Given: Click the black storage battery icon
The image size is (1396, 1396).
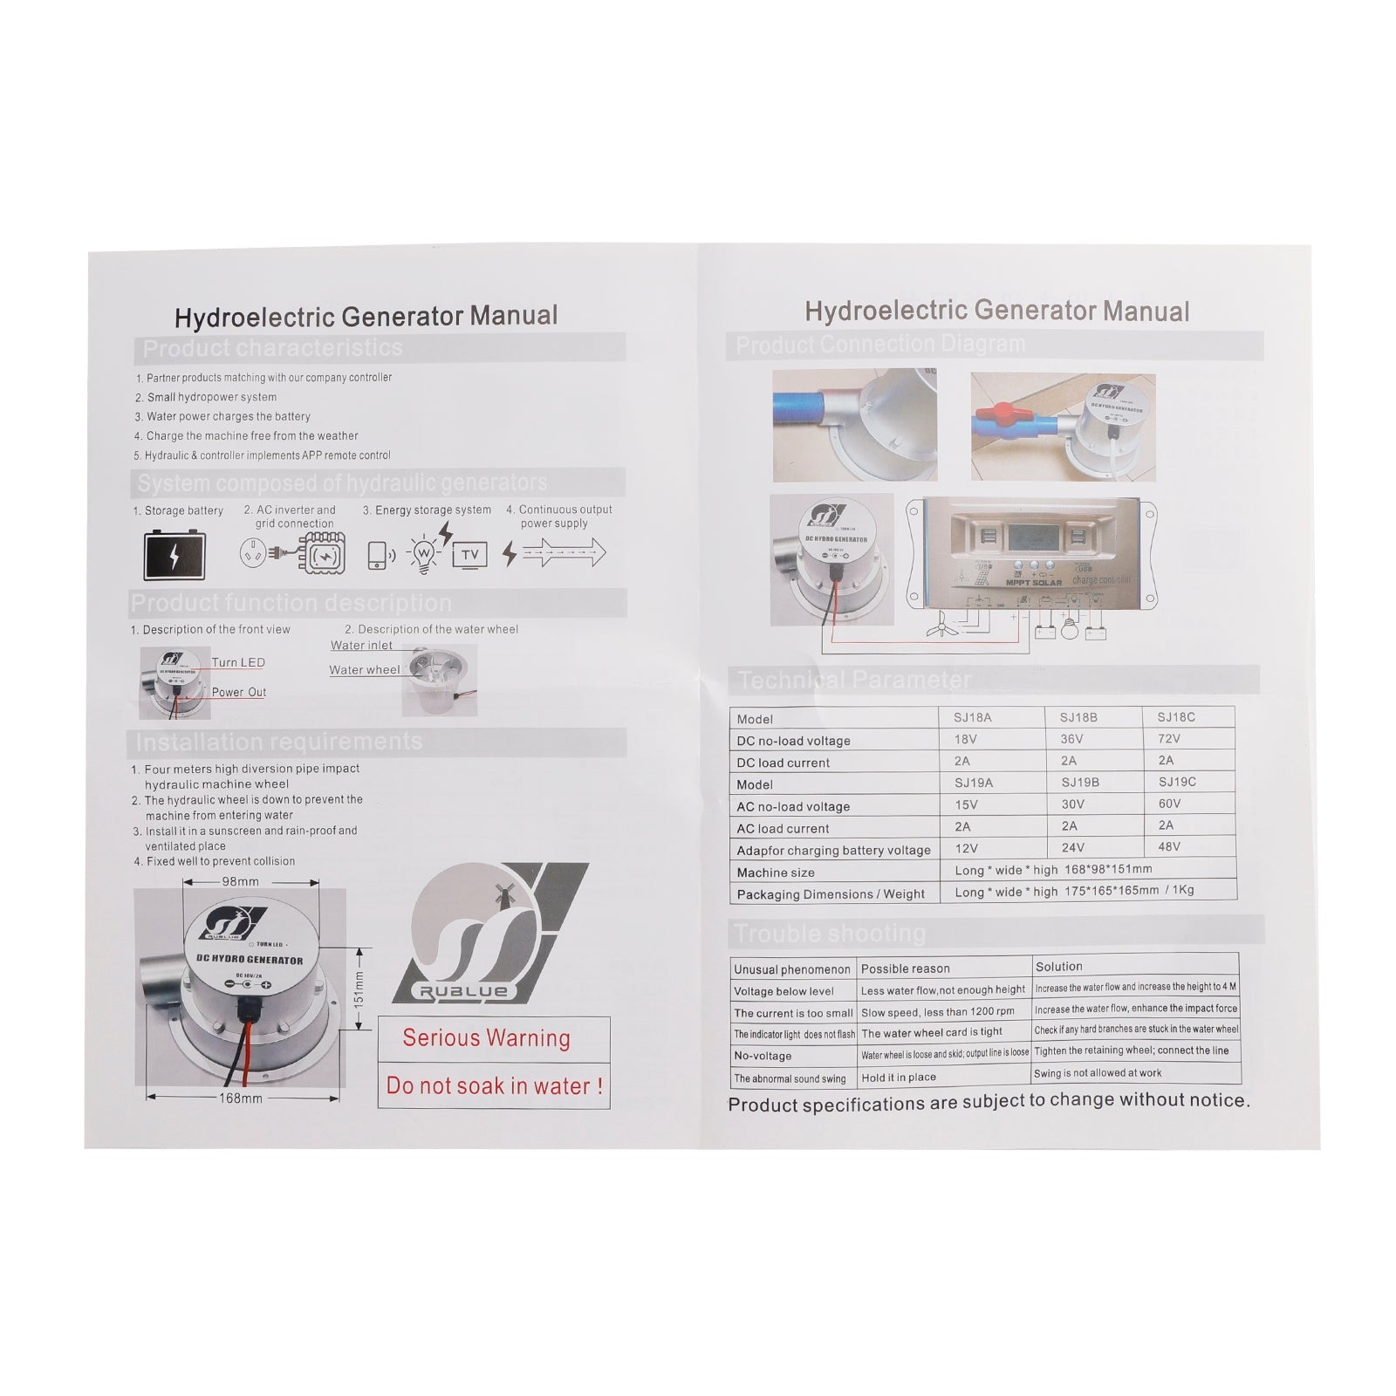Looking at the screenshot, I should point(174,555).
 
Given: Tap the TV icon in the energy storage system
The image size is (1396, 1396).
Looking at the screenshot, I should point(469,555).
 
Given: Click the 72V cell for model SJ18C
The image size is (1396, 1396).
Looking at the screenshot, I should point(1169,739).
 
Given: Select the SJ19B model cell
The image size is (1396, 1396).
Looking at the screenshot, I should point(1080,783).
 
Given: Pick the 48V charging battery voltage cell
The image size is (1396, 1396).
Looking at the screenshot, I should point(1169,847).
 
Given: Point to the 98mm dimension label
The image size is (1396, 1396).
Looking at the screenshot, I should point(240,881).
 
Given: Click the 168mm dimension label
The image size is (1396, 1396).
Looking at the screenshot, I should point(241,1098).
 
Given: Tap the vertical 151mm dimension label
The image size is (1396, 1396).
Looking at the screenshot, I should point(359,989).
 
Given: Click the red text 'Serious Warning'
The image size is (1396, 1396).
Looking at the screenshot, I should point(486,1038).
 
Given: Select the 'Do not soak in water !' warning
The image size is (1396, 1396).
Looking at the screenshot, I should point(494,1086).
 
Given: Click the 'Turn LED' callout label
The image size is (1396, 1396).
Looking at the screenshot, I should point(238,663).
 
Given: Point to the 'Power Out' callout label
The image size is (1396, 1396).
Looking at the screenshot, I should point(239,693).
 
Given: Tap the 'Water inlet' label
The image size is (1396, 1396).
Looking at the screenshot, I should point(361,646).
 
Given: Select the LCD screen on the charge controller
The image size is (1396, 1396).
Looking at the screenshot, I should point(1034,537).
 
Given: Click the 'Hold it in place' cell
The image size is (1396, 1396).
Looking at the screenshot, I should point(899,1078).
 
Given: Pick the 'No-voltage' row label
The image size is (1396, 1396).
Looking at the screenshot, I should point(763,1056).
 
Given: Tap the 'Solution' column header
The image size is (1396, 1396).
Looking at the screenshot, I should point(1058,967).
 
